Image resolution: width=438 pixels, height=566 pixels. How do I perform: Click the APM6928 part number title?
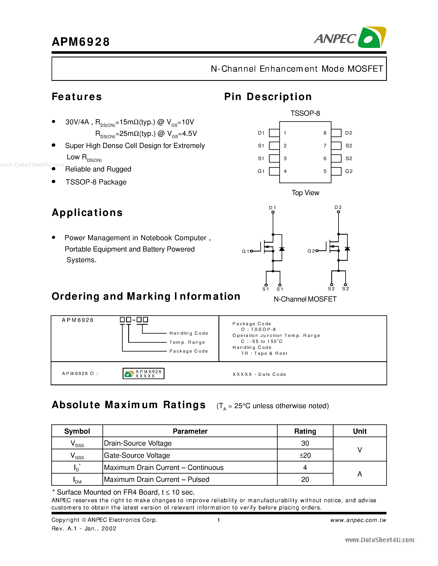click(81, 42)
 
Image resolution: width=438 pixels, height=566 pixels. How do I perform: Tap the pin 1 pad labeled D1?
click(274, 133)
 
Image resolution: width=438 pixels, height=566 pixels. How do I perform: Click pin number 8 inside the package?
click(325, 133)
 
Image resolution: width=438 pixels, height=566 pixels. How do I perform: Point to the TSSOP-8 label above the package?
click(305, 113)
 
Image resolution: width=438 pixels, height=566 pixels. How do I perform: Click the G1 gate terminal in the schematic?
click(251, 251)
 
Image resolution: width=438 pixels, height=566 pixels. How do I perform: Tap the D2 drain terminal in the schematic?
click(338, 212)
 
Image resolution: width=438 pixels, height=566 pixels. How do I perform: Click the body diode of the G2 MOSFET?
click(347, 249)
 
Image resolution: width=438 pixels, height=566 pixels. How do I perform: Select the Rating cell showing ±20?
click(305, 455)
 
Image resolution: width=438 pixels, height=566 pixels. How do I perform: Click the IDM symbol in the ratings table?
click(77, 480)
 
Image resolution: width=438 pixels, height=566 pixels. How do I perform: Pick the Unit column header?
click(359, 431)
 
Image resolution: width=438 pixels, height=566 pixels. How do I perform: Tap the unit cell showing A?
click(359, 474)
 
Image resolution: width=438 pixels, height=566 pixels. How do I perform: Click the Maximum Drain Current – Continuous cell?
click(164, 468)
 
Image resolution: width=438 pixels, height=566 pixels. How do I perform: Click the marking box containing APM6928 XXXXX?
click(143, 373)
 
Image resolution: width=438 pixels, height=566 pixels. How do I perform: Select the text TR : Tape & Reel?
click(264, 353)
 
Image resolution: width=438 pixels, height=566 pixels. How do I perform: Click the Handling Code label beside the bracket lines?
click(189, 333)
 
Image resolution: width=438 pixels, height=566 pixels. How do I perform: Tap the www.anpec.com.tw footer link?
click(358, 520)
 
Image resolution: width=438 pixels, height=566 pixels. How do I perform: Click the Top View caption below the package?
click(305, 193)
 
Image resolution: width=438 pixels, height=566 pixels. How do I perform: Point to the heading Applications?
click(87, 213)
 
